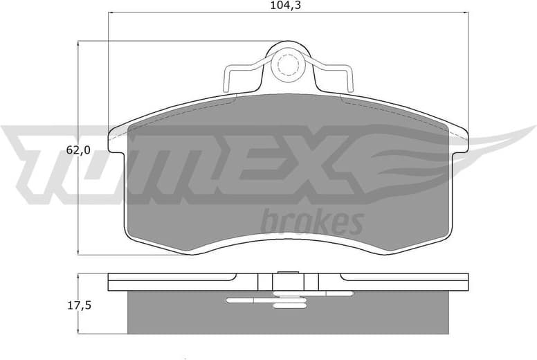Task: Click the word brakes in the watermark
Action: tap(312, 222)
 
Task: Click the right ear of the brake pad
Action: tap(459, 138)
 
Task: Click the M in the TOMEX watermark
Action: tap(187, 163)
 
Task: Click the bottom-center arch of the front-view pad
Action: tap(287, 240)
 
